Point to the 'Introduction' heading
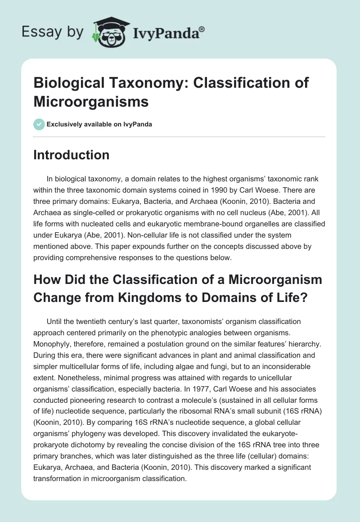click(72, 155)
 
